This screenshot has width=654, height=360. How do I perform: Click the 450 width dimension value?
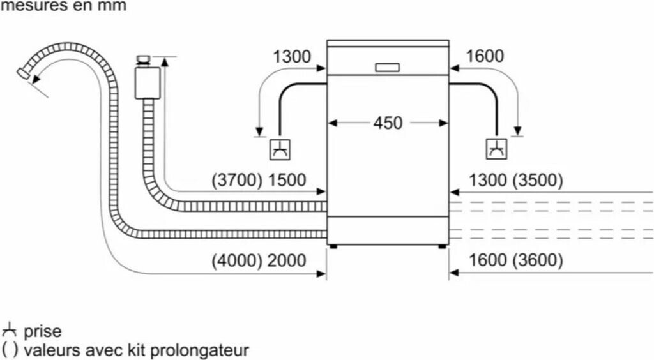coord(388,122)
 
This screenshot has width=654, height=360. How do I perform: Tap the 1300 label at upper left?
coord(292,56)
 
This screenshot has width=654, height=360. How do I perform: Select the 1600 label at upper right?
coord(485,56)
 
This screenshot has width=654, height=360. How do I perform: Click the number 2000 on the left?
coord(287,260)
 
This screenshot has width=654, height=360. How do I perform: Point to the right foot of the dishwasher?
coord(442,244)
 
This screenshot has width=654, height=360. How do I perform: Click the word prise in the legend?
coord(43,332)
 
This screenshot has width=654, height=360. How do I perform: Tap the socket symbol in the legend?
coord(10,331)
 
